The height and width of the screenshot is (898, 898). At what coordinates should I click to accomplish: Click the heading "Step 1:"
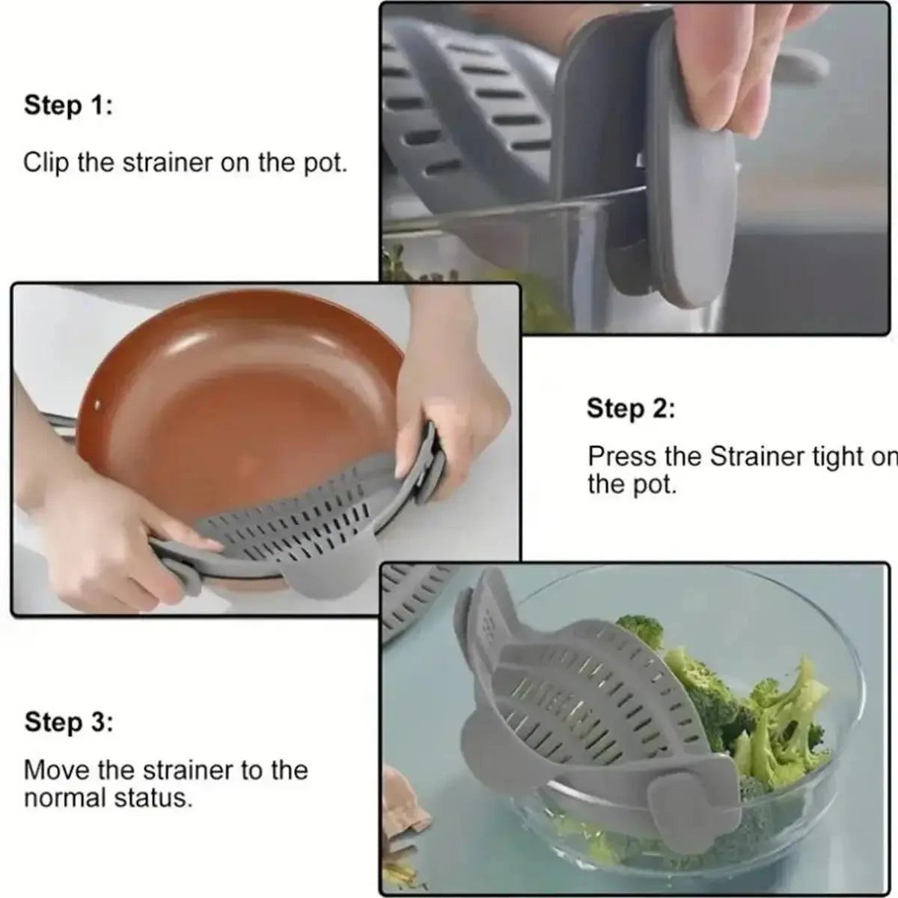pyautogui.click(x=68, y=106)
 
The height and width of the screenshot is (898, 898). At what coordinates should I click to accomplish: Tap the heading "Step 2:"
pyautogui.click(x=630, y=409)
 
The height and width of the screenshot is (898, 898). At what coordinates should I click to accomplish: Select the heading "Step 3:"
pyautogui.click(x=68, y=723)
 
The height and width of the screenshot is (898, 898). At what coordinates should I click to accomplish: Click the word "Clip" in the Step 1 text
pyautogui.click(x=47, y=162)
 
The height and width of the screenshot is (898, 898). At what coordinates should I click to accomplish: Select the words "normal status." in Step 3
pyautogui.click(x=109, y=798)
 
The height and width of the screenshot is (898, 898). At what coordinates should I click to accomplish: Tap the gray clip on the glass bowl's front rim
pyautogui.click(x=673, y=808)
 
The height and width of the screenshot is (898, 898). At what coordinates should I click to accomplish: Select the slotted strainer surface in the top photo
pyautogui.click(x=464, y=112)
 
